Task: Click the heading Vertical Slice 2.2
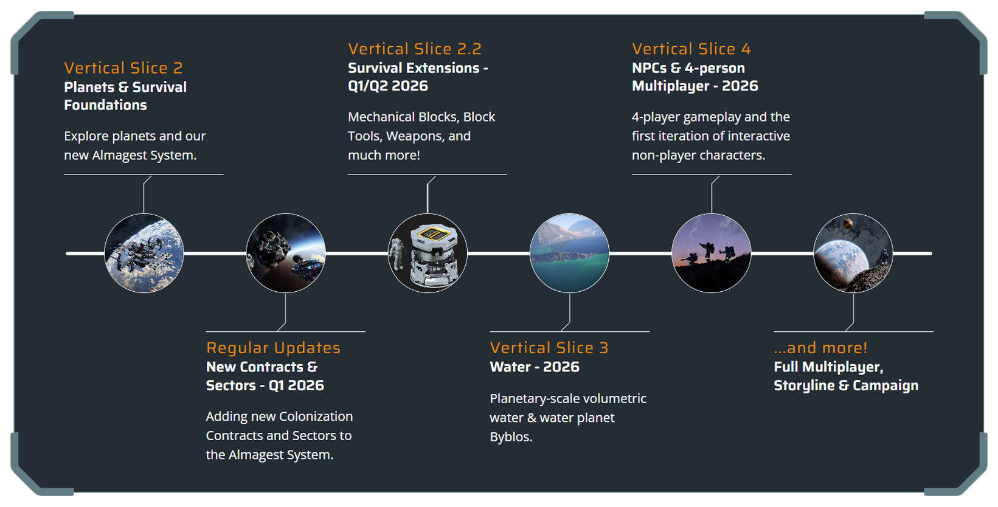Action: pyautogui.click(x=415, y=49)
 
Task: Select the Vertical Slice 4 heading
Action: pyautogui.click(x=691, y=49)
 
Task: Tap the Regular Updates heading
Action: pyautogui.click(x=273, y=348)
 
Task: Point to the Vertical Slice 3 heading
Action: pyautogui.click(x=549, y=348)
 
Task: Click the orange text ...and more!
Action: pyautogui.click(x=820, y=348)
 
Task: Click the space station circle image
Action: pyautogui.click(x=144, y=253)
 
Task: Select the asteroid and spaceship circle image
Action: pyautogui.click(x=286, y=253)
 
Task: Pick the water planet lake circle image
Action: pyautogui.click(x=569, y=253)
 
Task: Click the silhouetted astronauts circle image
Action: pyautogui.click(x=711, y=253)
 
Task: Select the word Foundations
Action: pyautogui.click(x=106, y=105)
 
